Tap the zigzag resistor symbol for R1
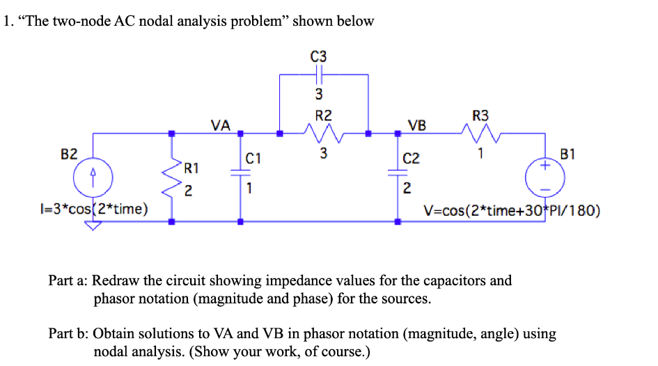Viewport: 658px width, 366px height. click(x=171, y=177)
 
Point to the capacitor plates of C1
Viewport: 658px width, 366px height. click(x=240, y=177)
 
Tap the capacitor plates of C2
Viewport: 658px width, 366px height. click(x=398, y=177)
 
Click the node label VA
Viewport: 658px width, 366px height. click(x=221, y=125)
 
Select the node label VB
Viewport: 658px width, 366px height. click(x=418, y=125)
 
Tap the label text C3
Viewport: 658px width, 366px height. click(x=320, y=56)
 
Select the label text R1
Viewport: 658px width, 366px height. click(x=191, y=168)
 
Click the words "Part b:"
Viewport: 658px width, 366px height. click(x=68, y=334)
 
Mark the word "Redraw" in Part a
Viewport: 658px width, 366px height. click(x=116, y=281)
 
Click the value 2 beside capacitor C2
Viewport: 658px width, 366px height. click(x=407, y=188)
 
